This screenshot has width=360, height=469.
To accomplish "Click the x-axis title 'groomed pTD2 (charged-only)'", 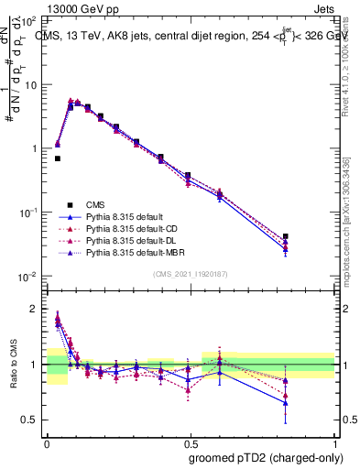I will (x=262, y=457).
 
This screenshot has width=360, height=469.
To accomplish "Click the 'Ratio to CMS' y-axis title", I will (x=14, y=366).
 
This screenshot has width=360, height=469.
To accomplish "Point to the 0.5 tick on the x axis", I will (x=191, y=442).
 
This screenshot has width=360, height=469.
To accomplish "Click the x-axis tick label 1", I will (x=336, y=442).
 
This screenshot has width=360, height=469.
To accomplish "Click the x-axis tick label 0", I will (x=47, y=442).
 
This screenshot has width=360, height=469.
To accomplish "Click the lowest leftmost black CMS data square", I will (x=57, y=158).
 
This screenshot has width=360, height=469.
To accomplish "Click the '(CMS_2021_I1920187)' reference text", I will (x=191, y=273).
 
